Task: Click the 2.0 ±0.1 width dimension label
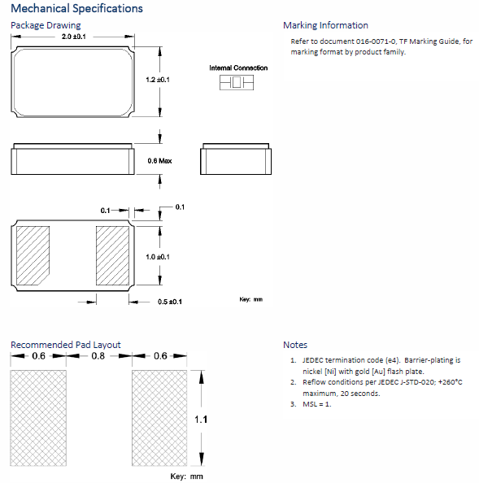click(74, 37)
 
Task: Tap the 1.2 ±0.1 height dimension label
click(158, 80)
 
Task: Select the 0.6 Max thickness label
click(159, 161)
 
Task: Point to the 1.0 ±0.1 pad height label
click(158, 257)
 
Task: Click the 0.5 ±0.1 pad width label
click(170, 302)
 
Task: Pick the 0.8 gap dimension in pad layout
click(98, 356)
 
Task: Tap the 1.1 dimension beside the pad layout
click(201, 420)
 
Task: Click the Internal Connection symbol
click(237, 83)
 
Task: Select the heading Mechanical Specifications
click(76, 8)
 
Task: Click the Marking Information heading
click(325, 25)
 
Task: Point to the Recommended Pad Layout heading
click(66, 345)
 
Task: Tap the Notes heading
click(295, 345)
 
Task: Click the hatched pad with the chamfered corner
click(33, 255)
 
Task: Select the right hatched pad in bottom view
click(112, 255)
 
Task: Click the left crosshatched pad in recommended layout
click(38, 418)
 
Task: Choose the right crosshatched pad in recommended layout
click(159, 418)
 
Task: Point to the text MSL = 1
click(317, 404)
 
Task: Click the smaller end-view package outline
click(236, 159)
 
